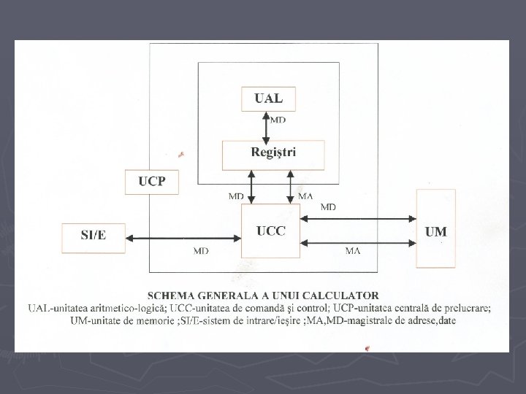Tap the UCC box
(x=270, y=231)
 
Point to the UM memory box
(x=435, y=228)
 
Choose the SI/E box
(x=93, y=235)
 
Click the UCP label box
(x=153, y=181)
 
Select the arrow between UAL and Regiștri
(x=265, y=125)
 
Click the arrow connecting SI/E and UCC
(x=183, y=237)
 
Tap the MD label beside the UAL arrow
(x=278, y=120)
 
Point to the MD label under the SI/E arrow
(x=200, y=251)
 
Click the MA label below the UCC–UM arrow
(x=353, y=251)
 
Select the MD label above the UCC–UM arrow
(x=328, y=207)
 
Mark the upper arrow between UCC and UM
(x=358, y=218)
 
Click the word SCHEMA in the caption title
(x=172, y=295)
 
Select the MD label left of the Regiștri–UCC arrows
(x=235, y=196)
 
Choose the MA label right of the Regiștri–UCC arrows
(x=307, y=196)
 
